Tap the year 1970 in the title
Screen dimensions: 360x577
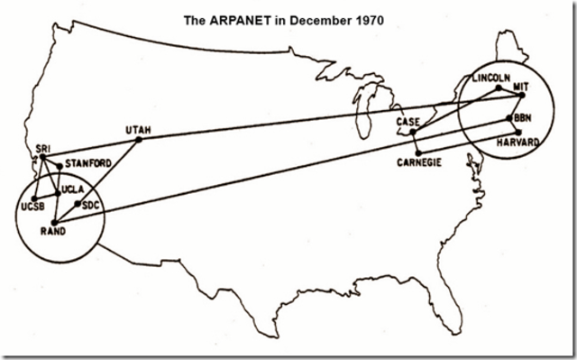point(367,19)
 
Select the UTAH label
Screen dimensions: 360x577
point(140,130)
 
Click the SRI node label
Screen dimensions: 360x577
point(42,147)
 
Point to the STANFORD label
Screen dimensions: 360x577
point(88,163)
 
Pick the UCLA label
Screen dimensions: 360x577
point(74,189)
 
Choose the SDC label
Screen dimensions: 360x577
point(90,205)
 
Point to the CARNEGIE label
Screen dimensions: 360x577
point(418,162)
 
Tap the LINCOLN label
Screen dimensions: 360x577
point(491,78)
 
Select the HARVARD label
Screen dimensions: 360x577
point(518,142)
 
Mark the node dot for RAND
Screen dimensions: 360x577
point(54,222)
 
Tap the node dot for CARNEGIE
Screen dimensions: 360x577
point(418,151)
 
